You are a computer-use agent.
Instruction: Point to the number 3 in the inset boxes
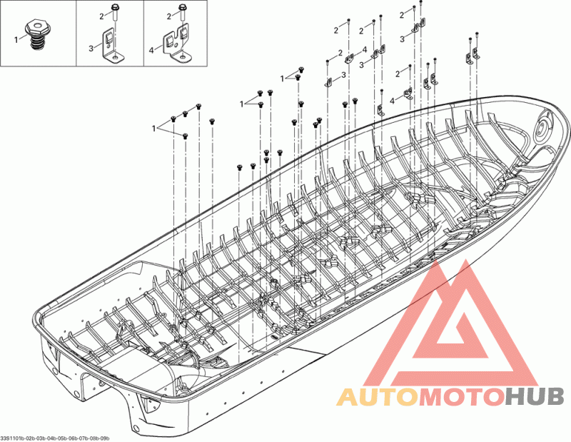(91, 48)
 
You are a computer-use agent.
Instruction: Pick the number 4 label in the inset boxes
(151, 51)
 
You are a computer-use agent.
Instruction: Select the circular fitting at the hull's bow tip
(542, 129)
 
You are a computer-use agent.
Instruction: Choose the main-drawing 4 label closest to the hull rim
(392, 101)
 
